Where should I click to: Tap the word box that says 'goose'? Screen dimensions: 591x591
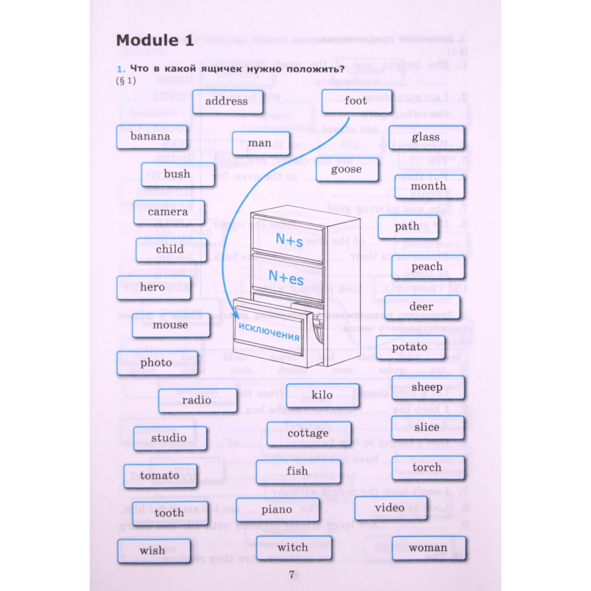tap(347, 169)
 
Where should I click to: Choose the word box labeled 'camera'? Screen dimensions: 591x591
tap(168, 212)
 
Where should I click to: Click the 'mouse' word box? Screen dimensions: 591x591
tap(171, 325)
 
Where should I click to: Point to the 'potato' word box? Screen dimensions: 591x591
tap(410, 347)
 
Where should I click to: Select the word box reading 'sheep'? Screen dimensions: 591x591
tap(427, 387)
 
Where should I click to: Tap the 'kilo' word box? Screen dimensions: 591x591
tap(322, 395)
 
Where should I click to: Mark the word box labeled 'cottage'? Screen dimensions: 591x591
tap(308, 433)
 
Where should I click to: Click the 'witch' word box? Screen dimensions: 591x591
tap(293, 547)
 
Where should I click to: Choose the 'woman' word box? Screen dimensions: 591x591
tap(428, 548)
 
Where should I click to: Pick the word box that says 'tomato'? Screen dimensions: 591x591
tap(160, 475)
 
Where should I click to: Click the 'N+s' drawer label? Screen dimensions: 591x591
tap(290, 240)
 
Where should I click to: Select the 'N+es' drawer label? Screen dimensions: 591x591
tap(286, 277)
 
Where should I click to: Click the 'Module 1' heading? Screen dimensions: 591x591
tap(155, 40)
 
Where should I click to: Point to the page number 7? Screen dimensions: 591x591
tap(292, 575)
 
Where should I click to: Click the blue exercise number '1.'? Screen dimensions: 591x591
tap(121, 69)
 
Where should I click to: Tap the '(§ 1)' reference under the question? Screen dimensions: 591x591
tap(126, 81)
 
